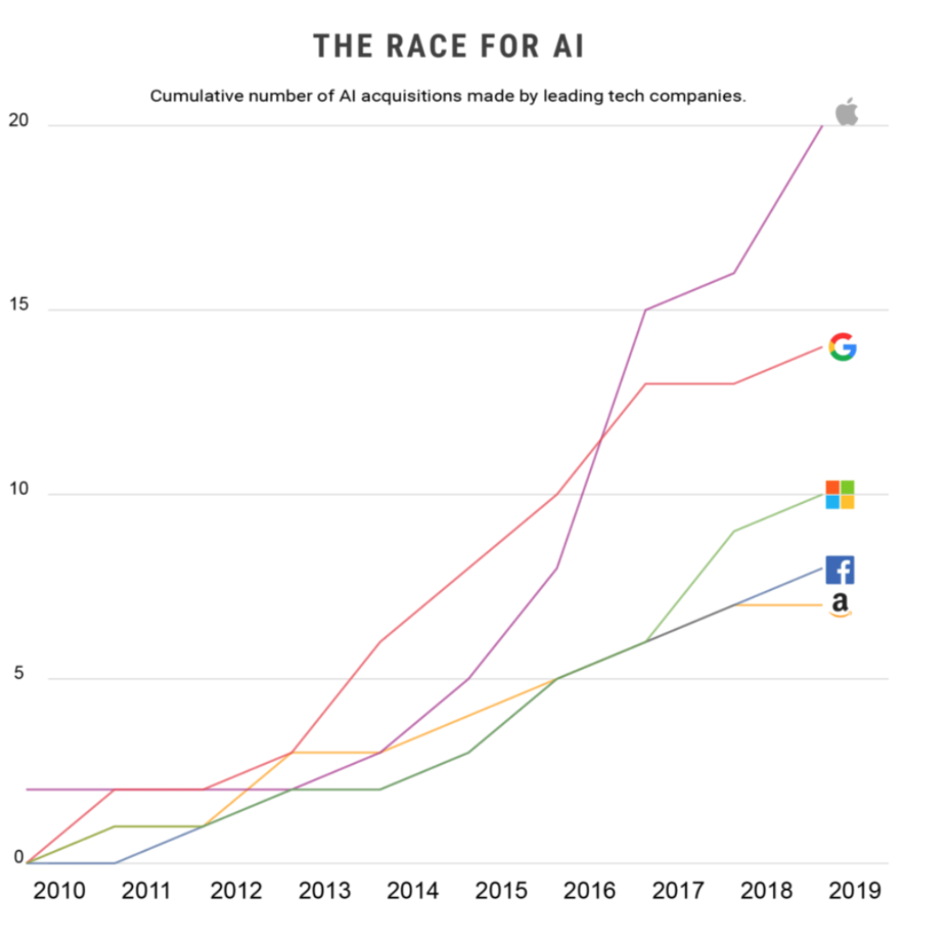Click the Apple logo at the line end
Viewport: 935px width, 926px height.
[846, 112]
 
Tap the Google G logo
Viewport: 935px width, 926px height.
[843, 347]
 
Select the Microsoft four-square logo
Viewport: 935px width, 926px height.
[840, 495]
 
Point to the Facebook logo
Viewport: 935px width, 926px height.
[840, 570]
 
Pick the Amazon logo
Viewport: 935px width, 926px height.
[840, 605]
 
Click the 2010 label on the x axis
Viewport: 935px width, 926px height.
[60, 892]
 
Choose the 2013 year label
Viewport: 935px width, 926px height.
[324, 892]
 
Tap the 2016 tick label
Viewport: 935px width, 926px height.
[590, 892]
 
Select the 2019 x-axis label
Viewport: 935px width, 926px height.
[854, 892]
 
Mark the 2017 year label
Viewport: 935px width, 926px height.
[678, 892]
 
